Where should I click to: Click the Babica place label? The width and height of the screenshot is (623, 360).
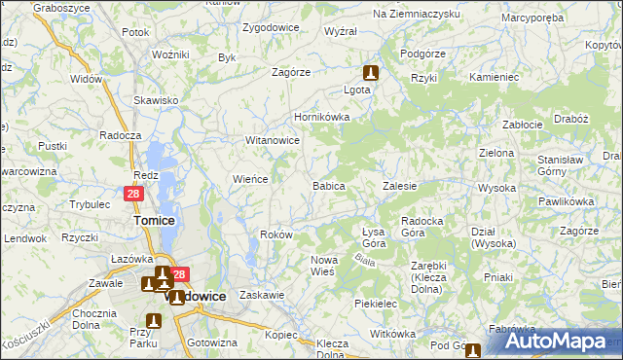coord(328,185)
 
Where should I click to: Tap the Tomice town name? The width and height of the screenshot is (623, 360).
coord(153,221)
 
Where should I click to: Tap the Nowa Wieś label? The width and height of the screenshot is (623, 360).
coord(323,266)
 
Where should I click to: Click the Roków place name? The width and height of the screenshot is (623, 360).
coord(277,235)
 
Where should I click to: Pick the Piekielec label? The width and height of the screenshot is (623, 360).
coord(378,304)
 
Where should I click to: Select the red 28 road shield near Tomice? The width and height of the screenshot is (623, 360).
coord(134,195)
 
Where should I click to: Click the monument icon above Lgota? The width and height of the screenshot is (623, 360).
coord(371,72)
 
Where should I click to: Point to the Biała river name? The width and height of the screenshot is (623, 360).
coord(366,260)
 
